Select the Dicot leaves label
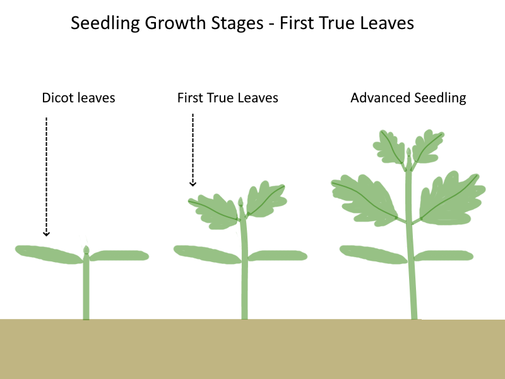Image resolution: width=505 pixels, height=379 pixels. click(x=78, y=98)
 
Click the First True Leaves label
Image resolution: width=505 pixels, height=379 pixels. click(x=227, y=98)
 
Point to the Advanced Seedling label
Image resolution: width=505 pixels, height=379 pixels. click(x=408, y=98)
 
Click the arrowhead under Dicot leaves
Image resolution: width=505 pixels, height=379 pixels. click(x=46, y=234)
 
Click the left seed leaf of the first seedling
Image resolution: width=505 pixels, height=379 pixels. click(x=47, y=253)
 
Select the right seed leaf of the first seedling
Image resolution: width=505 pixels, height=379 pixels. click(x=120, y=255)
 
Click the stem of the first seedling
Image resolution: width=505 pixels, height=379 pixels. click(x=86, y=291)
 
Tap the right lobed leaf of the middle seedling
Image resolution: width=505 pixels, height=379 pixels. click(x=264, y=200)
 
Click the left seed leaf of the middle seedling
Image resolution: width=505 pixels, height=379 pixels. click(x=205, y=253)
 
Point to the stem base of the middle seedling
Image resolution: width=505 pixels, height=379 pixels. click(x=245, y=315)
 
